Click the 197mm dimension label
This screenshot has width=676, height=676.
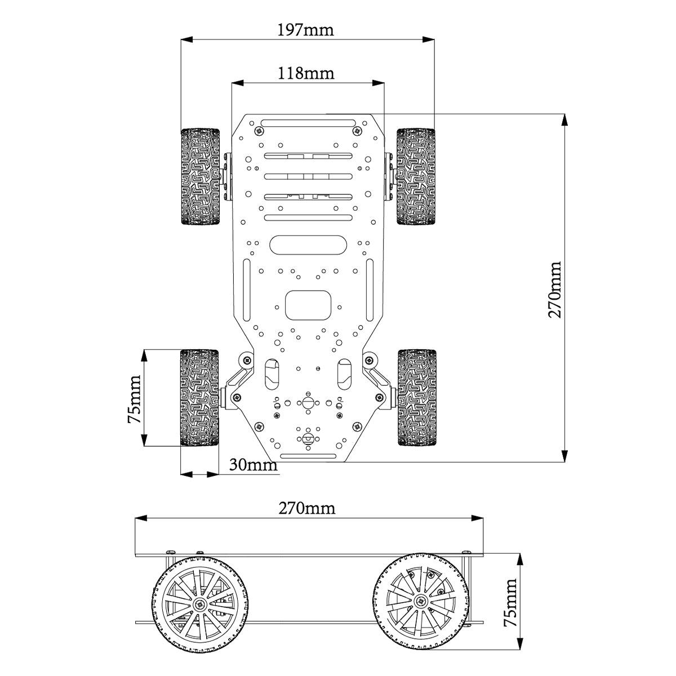point(305,29)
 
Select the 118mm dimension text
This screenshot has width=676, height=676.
point(306,73)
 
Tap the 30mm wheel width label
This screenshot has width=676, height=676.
point(253,465)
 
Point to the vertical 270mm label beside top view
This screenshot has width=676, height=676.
point(555,290)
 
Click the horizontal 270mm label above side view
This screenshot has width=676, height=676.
point(307,508)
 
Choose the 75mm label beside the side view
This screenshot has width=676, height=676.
point(510,602)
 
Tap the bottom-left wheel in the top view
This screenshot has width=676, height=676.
point(199,398)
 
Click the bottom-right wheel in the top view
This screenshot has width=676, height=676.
point(416,398)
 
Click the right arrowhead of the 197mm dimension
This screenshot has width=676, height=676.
point(429,39)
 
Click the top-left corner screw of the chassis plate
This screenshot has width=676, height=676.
point(259,131)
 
